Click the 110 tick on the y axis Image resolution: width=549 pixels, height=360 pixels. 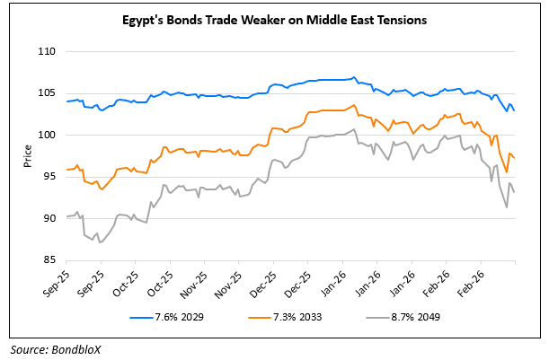[48, 52]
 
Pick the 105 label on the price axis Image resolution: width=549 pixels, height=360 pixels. [48, 93]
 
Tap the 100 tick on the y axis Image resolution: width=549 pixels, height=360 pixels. [48, 135]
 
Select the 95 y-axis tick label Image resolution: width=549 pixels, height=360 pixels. [50, 176]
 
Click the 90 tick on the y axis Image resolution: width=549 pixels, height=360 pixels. [50, 218]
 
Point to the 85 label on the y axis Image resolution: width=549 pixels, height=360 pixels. [50, 259]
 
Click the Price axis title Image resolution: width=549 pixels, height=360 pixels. [28, 156]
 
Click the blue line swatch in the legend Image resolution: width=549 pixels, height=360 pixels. [142, 317]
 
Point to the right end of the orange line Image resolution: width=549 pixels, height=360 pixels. [515, 158]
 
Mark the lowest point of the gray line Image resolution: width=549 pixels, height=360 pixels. [100, 242]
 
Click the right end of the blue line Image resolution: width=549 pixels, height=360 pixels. [515, 110]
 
